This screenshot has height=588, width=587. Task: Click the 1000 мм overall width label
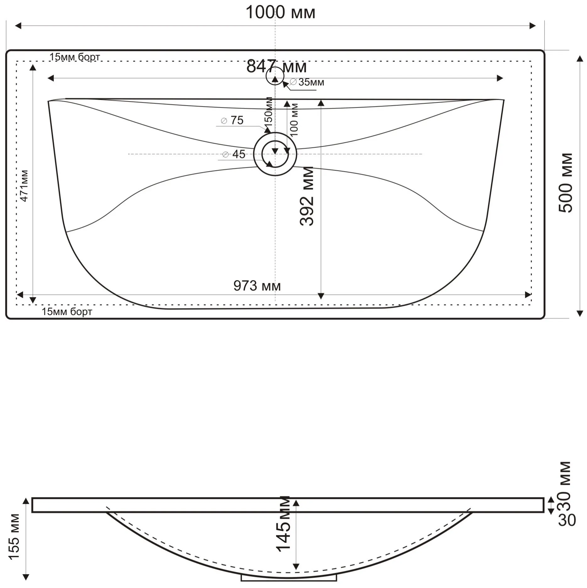pos(280,13)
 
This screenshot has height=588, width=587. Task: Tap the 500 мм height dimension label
pos(566,183)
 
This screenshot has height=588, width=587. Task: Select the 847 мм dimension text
pos(276,66)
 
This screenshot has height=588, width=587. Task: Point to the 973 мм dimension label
pos(257,286)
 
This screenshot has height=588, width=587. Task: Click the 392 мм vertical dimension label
pos(307,196)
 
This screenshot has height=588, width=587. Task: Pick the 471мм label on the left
pos(24,186)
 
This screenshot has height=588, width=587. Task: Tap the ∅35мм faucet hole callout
pos(307,82)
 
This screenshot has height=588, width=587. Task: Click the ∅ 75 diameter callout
pos(232,120)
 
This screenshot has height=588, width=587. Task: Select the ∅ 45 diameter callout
pos(234,154)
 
